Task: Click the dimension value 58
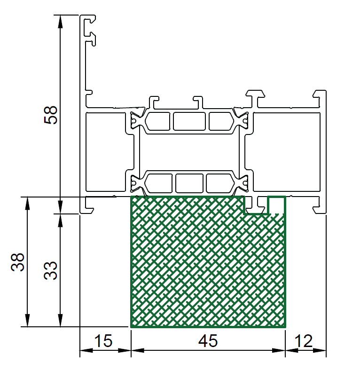50,115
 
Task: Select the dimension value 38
17,262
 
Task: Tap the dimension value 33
50,270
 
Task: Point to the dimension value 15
103,341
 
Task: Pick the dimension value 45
208,341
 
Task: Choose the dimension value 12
304,341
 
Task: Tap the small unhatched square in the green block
276,205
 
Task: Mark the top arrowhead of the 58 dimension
61,22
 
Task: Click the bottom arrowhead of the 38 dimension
27,320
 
